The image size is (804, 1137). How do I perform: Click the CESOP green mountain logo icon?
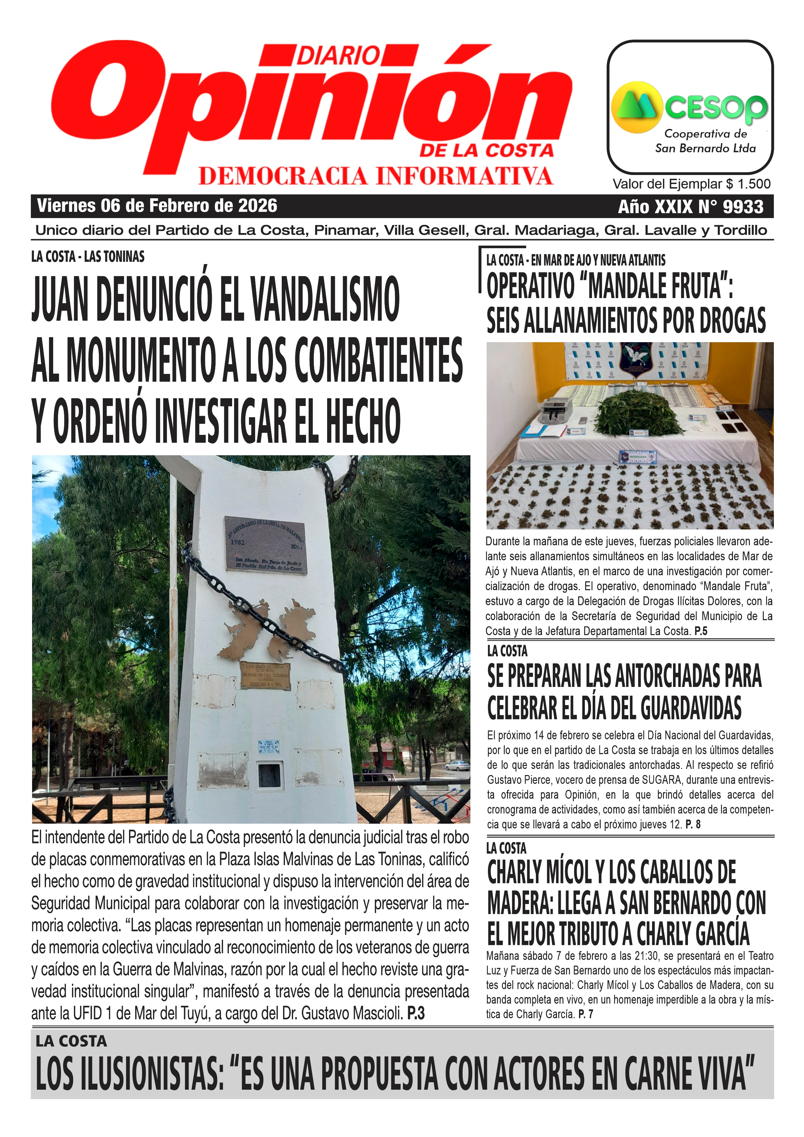(x=637, y=107)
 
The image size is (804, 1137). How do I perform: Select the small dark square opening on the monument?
(x=269, y=776)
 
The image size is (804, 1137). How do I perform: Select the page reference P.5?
(x=701, y=631)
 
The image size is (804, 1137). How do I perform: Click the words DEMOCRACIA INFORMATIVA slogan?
(x=375, y=176)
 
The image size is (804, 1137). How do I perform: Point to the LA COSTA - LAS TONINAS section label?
(x=88, y=257)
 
